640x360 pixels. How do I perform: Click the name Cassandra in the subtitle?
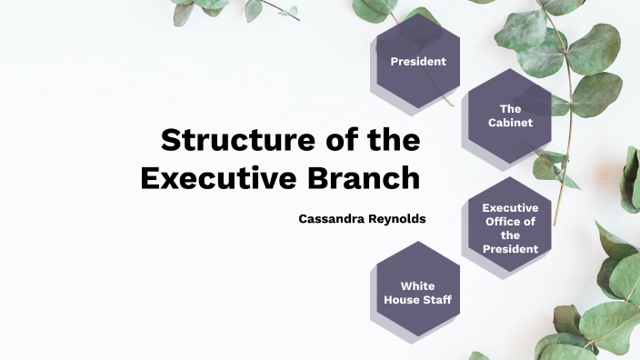pos(331,219)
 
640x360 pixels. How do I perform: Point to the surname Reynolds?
pos(396,219)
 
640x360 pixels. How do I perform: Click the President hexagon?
pos(418,62)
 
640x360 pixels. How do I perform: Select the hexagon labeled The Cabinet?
pos(510,115)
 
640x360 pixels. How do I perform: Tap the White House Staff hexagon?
pos(417,293)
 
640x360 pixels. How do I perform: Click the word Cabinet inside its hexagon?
pos(510,123)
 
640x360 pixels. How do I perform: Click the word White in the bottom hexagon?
pos(417,286)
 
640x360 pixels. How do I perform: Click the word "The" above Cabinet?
pos(510,109)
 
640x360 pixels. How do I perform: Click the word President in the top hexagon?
pos(418,62)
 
